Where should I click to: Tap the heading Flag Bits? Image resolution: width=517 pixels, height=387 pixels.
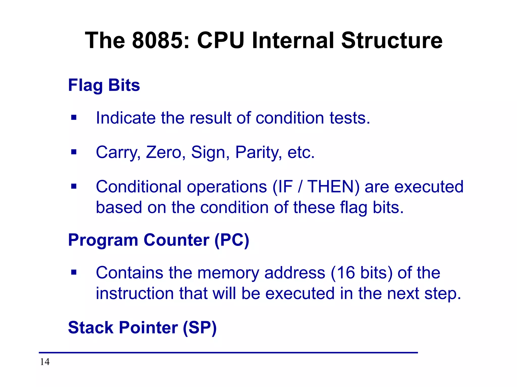[104, 85]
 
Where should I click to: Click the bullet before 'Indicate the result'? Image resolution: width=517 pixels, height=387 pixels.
[74, 118]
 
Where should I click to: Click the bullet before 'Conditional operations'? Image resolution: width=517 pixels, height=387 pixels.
[74, 186]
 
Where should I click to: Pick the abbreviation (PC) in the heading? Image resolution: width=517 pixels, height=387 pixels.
[232, 240]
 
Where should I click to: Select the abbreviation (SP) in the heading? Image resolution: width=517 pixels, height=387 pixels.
[199, 328]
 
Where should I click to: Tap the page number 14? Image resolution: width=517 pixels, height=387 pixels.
[45, 362]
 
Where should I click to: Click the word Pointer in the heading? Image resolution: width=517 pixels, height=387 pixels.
[148, 328]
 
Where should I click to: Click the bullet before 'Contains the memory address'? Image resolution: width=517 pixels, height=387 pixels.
[74, 272]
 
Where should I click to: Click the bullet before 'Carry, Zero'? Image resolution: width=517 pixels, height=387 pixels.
[74, 152]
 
